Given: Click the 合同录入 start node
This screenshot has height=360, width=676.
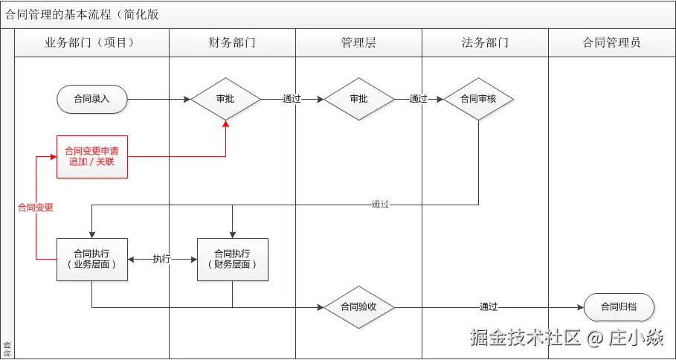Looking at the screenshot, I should pyautogui.click(x=92, y=98).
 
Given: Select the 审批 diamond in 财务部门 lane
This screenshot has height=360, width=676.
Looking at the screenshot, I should pyautogui.click(x=225, y=98).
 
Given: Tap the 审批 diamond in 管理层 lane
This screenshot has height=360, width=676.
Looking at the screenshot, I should pyautogui.click(x=358, y=98).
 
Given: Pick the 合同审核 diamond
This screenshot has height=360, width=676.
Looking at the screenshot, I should pyautogui.click(x=478, y=98).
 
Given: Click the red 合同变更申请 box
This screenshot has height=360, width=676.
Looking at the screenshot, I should pyautogui.click(x=91, y=156).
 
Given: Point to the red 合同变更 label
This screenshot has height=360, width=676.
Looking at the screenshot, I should pyautogui.click(x=36, y=208).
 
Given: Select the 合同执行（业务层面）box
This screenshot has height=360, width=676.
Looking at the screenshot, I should pyautogui.click(x=91, y=259).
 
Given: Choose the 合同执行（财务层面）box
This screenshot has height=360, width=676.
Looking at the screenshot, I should pyautogui.click(x=232, y=259).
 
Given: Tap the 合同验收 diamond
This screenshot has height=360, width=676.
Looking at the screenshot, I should pyautogui.click(x=358, y=306).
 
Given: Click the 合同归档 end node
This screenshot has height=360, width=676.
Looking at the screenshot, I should pyautogui.click(x=619, y=306).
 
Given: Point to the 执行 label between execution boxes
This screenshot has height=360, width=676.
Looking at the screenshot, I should pyautogui.click(x=161, y=259).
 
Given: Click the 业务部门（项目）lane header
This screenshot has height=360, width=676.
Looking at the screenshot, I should pyautogui.click(x=91, y=42).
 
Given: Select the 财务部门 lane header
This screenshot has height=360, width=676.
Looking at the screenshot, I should pyautogui.click(x=232, y=42).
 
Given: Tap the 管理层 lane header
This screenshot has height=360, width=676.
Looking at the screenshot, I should pyautogui.click(x=358, y=42).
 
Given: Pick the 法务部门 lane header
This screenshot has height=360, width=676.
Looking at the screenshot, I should pyautogui.click(x=485, y=42).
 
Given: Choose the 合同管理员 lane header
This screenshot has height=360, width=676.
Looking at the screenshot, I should pyautogui.click(x=611, y=42).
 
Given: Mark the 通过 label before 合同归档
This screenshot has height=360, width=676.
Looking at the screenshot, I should pyautogui.click(x=489, y=306).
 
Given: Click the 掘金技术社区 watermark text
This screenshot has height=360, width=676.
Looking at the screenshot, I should pyautogui.click(x=525, y=338).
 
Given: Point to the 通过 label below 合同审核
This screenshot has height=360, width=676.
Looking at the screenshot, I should pyautogui.click(x=380, y=205).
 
